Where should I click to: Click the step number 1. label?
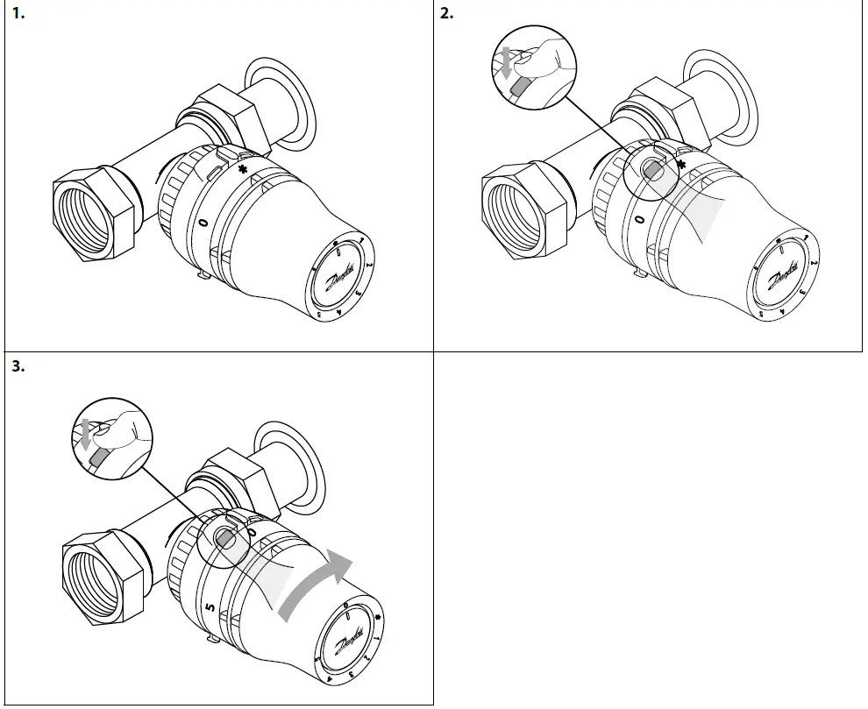coord(17,14)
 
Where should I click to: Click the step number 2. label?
coord(447,14)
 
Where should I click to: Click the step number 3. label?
coord(17,367)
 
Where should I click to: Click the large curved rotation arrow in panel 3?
coord(317,584)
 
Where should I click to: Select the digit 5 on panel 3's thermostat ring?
coord(209,604)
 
